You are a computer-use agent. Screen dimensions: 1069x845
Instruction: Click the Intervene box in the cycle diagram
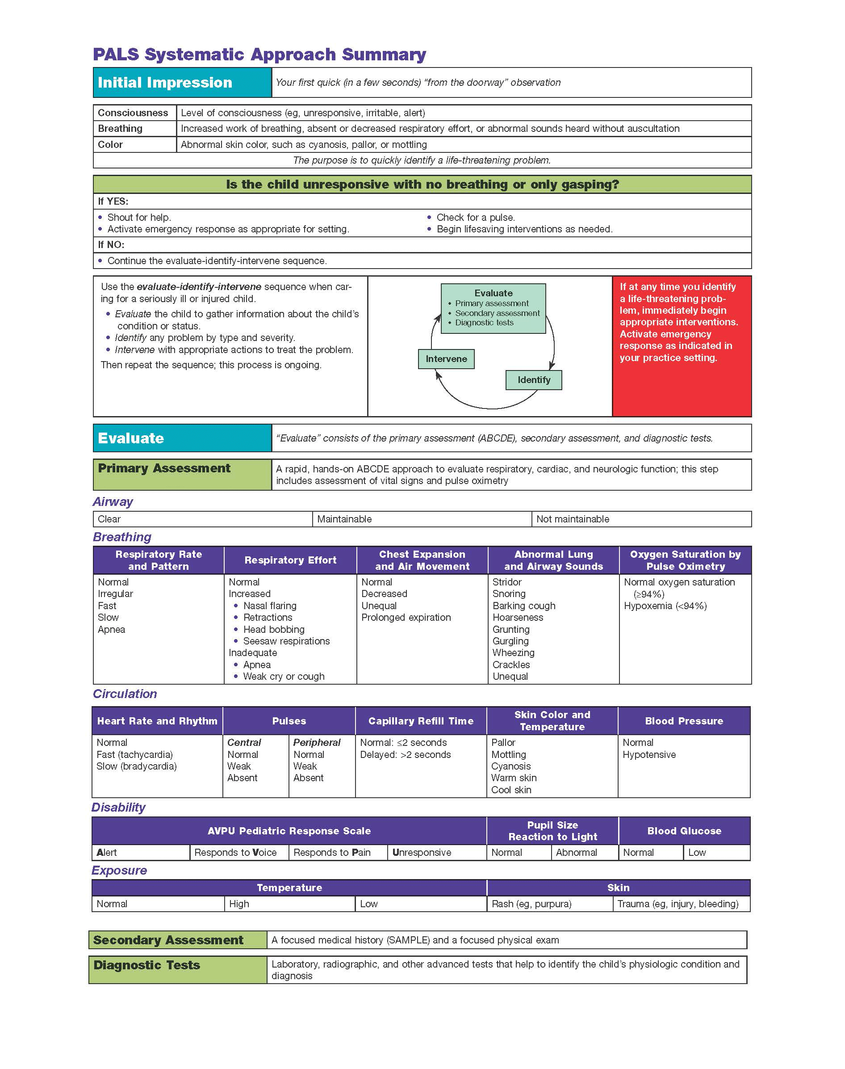[x=446, y=359]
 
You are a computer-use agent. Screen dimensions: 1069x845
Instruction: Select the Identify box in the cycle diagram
[x=534, y=380]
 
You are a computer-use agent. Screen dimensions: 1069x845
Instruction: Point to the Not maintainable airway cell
[x=641, y=519]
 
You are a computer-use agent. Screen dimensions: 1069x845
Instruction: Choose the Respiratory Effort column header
[x=290, y=560]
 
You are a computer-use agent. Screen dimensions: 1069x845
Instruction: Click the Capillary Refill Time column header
[x=421, y=721]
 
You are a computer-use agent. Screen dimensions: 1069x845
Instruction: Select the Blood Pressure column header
[x=684, y=721]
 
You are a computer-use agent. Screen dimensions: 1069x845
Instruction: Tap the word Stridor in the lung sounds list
[x=507, y=582]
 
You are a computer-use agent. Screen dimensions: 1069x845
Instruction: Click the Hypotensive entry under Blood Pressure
[x=649, y=755]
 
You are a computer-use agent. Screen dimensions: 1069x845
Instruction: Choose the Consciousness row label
[x=133, y=113]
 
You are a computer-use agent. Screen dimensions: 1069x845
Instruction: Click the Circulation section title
[x=125, y=694]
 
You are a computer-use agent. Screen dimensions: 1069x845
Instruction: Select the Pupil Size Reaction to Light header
[x=552, y=831]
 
